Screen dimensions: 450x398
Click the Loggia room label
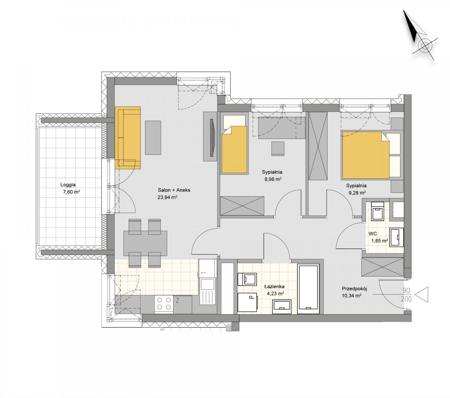click(x=68, y=185)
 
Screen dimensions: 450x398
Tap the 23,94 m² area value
click(x=167, y=197)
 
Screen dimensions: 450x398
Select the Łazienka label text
click(x=274, y=287)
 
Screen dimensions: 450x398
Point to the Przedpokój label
click(x=354, y=289)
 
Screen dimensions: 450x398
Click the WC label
click(x=373, y=234)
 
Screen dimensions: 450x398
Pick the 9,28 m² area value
click(x=357, y=193)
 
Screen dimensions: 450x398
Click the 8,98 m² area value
click(x=273, y=179)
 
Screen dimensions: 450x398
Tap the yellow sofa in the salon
click(x=128, y=138)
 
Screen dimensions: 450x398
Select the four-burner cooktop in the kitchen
click(x=164, y=304)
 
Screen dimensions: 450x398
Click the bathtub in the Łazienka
click(x=308, y=289)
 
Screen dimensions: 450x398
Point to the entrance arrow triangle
click(x=421, y=295)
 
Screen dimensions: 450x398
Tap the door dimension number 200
click(x=406, y=299)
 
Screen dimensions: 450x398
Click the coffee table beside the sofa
click(x=153, y=138)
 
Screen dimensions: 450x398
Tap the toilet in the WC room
click(x=378, y=211)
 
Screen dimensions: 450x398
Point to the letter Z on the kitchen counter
click(x=178, y=301)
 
